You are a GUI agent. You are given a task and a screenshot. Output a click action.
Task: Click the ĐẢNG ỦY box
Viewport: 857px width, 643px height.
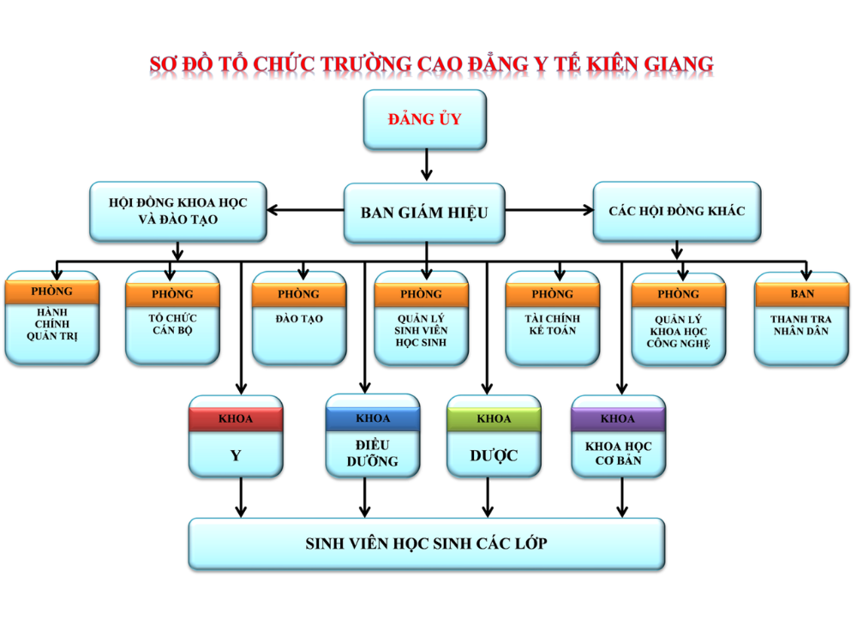tap(425, 120)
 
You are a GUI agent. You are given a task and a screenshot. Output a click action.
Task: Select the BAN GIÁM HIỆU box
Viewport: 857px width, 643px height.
tap(424, 212)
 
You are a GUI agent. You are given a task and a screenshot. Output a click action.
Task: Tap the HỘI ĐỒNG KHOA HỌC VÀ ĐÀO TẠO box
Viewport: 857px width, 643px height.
tap(178, 211)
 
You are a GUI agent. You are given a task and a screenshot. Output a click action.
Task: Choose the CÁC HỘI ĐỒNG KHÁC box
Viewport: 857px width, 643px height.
tap(677, 211)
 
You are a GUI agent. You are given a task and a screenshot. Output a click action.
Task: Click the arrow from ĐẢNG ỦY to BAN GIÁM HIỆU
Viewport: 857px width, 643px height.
tap(426, 165)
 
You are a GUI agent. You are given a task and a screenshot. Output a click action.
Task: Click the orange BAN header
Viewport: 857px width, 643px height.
tap(802, 294)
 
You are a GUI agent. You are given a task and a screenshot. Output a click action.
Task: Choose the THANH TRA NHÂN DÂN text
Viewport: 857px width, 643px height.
tap(802, 325)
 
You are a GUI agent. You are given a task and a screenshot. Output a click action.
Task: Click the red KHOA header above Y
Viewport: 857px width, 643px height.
tap(236, 419)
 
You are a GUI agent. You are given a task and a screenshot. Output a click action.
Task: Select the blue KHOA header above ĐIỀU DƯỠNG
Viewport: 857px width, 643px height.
tap(372, 418)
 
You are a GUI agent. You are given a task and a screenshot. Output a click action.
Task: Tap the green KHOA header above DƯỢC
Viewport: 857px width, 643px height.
tap(494, 419)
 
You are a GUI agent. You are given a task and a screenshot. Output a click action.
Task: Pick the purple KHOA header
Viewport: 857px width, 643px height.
tap(618, 419)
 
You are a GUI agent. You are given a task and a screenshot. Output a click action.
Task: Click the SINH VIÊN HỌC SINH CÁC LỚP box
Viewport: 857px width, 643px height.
tap(426, 544)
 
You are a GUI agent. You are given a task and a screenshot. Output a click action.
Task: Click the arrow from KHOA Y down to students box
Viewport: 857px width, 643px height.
tap(241, 497)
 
